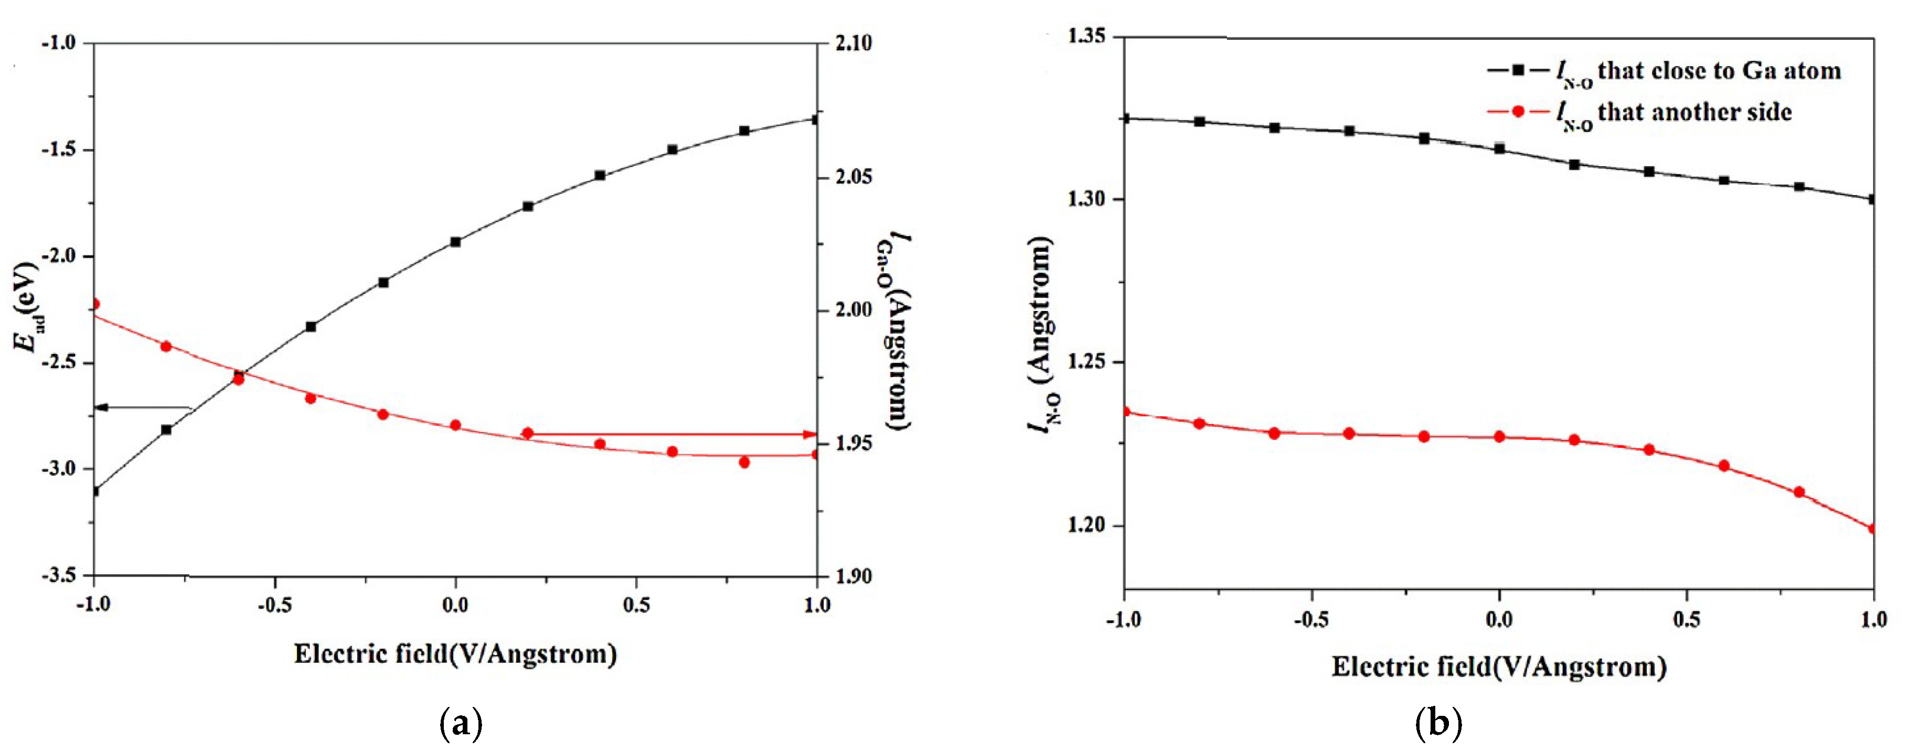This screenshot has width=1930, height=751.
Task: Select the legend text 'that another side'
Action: click(1695, 112)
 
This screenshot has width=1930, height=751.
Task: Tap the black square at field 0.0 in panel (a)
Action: click(455, 242)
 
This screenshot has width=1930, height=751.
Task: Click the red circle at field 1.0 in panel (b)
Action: click(1872, 529)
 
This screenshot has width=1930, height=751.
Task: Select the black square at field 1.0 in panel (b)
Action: click(1872, 199)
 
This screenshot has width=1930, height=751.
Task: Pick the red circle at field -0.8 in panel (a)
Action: click(166, 347)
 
